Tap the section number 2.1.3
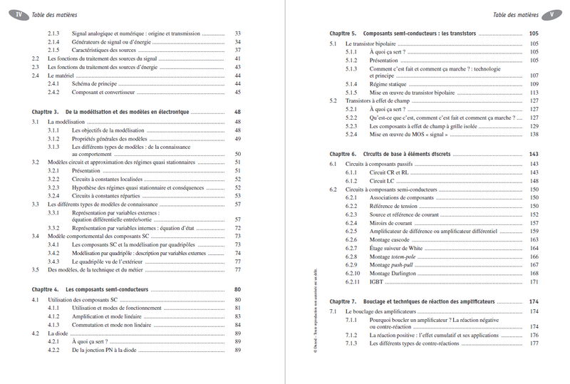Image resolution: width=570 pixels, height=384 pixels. point(54,33)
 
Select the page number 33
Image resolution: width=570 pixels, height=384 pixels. point(238,33)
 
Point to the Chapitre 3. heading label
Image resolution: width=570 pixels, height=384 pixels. point(46,112)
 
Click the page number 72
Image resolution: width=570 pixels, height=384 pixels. point(238,228)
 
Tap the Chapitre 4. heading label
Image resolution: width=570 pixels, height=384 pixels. point(46,289)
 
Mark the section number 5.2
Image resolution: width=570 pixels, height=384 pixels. point(333,101)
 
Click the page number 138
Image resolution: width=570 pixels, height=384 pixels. point(534,135)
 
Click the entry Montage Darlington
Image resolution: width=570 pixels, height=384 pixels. point(398,274)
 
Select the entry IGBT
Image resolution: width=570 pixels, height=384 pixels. point(377,282)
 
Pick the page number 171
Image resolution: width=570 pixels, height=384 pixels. point(534,282)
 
